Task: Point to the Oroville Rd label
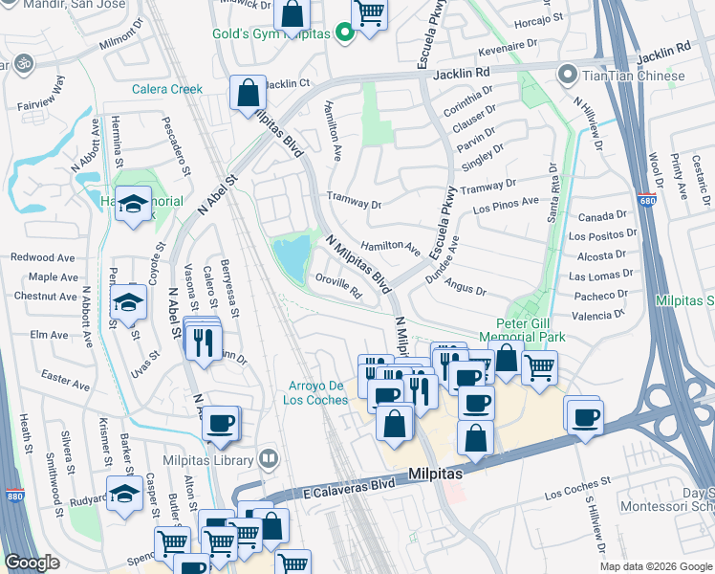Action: [337, 286]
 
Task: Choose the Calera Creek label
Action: [167, 89]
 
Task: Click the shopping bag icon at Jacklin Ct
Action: [248, 93]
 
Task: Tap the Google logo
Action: [32, 563]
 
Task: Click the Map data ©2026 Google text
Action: [656, 566]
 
